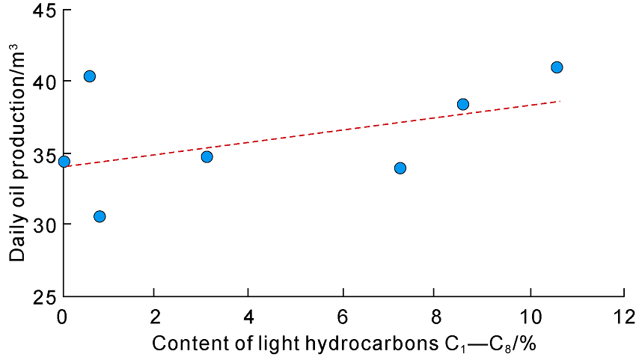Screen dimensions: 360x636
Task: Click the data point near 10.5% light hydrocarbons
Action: tap(557, 67)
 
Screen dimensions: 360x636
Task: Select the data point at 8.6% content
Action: tap(462, 104)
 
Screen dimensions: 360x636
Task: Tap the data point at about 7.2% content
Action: tap(400, 168)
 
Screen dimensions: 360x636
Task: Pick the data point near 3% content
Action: tap(207, 156)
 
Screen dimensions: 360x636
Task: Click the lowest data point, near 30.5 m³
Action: tap(100, 216)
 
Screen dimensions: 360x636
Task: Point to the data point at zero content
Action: tap(64, 162)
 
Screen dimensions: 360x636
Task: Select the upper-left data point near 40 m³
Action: tap(90, 76)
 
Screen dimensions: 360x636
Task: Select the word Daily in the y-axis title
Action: tap(18, 241)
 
